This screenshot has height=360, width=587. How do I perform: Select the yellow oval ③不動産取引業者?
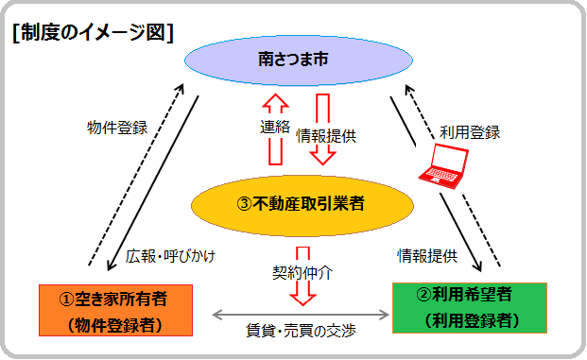pyautogui.click(x=303, y=200)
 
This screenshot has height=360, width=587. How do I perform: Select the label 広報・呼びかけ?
pyautogui.click(x=169, y=254)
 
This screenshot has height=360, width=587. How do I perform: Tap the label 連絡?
pyautogui.click(x=275, y=127)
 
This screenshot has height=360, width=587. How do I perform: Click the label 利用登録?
pyautogui.click(x=470, y=132)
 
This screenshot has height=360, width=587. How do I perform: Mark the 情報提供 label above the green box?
pyautogui.click(x=427, y=255)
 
